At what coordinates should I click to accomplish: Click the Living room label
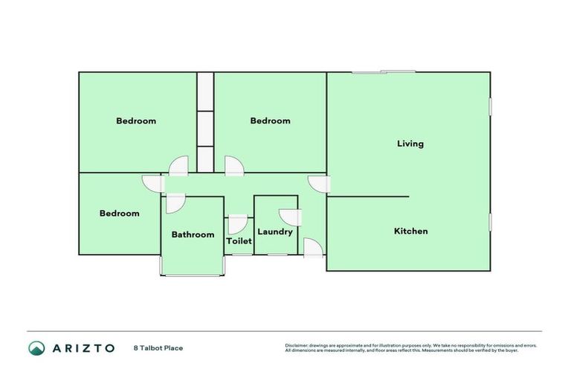pos(410,144)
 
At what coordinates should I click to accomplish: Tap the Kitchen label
pos(410,231)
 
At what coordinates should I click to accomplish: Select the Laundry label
pos(275,231)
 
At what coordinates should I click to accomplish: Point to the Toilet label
pos(239,241)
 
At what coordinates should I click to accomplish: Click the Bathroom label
pos(193,234)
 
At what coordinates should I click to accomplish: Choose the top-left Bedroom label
pos(136,121)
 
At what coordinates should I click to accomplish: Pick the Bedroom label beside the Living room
pos(270,121)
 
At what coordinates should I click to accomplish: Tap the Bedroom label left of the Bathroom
pos(120,214)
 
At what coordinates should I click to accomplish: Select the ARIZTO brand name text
pos(83,348)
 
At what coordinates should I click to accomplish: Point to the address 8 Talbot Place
pos(158,348)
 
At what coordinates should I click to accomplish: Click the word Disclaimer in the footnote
pos(297,345)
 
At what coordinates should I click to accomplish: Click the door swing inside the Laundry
pos(291,217)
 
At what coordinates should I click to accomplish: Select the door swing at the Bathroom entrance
pos(175,203)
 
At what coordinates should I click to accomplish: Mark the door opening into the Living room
pos(317,185)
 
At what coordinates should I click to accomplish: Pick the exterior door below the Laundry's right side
pos(313,248)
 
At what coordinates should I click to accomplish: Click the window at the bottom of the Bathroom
pos(193,275)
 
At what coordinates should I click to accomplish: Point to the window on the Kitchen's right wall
pos(490,222)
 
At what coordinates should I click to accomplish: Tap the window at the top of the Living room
pos(384,72)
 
